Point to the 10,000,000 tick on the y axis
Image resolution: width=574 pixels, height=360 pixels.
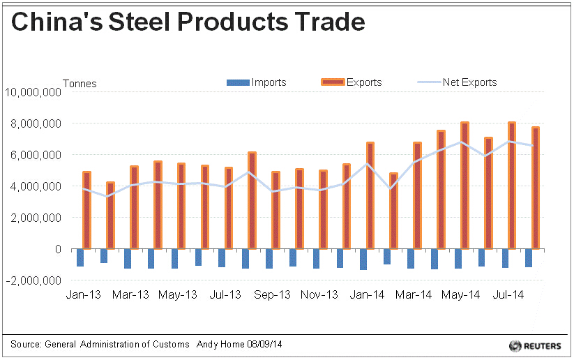pos(33,92)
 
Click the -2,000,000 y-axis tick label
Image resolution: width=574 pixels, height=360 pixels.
pos(33,280)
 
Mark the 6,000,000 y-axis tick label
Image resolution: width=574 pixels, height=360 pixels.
pos(36,155)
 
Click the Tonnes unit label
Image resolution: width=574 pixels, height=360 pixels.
pos(80,84)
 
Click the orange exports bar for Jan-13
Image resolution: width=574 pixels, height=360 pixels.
pos(87,210)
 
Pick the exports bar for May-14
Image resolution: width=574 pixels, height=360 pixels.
pos(465,186)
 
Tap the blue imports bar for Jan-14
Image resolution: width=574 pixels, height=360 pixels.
pos(363,259)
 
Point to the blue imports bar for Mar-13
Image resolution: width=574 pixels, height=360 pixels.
pos(128,258)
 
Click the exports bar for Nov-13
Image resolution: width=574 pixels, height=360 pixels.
pos(323,209)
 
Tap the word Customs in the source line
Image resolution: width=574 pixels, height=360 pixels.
pos(171,345)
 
